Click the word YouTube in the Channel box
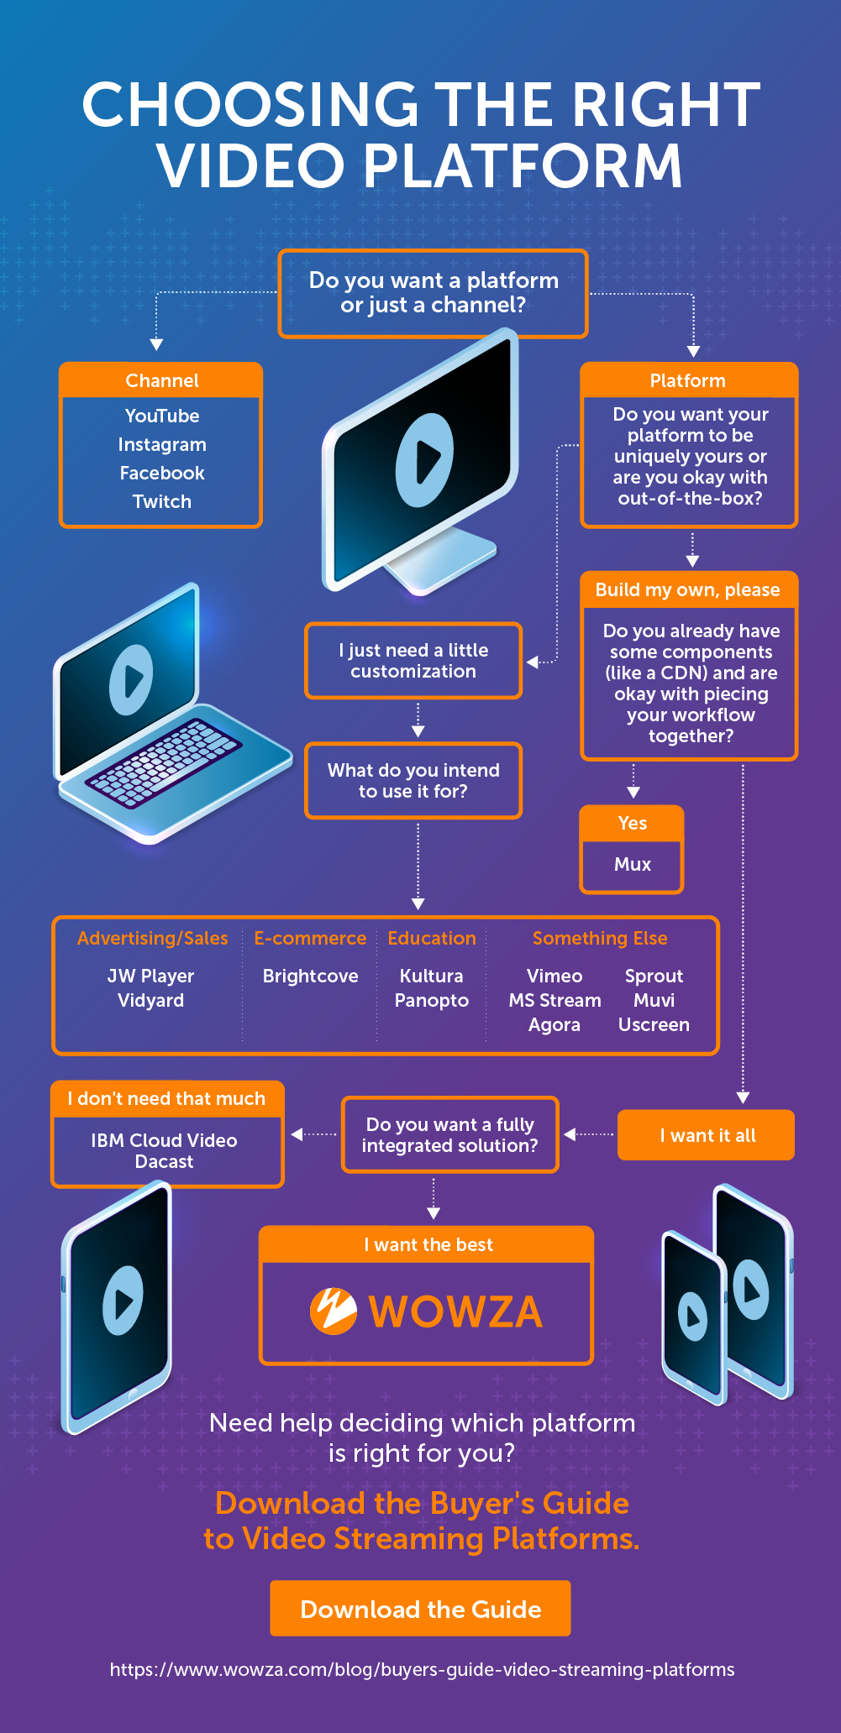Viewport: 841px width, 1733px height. point(162,416)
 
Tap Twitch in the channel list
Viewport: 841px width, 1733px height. point(162,501)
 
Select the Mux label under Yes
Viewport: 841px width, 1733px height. point(632,864)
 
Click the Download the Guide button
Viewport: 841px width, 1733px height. point(420,1609)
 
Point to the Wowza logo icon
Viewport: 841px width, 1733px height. point(333,1311)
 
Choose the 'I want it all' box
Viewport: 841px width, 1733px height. point(706,1135)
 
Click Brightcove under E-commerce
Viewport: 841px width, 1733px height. point(310,976)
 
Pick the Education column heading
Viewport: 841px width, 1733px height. point(432,938)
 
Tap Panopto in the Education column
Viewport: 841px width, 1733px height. point(432,1000)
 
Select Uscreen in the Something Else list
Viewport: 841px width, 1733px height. point(654,1024)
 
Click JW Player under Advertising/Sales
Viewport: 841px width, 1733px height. point(150,976)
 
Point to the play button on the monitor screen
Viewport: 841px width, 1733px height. point(425,460)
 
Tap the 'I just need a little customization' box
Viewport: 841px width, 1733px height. point(413,661)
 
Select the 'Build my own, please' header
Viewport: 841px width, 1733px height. point(688,589)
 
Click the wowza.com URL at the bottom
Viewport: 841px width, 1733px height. point(422,1669)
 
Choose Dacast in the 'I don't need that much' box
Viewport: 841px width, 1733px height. point(164,1161)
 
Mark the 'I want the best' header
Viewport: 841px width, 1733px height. point(428,1244)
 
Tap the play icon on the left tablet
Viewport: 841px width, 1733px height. point(123,1301)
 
